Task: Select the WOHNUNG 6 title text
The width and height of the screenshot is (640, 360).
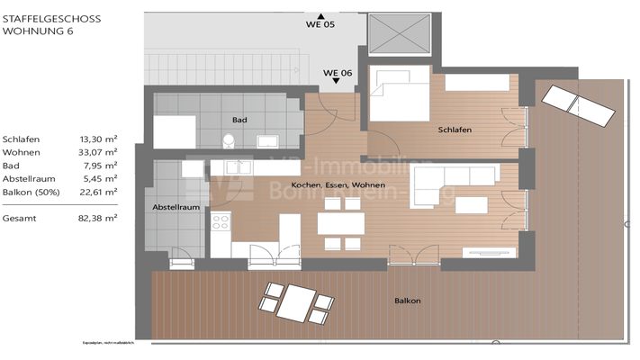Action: point(37,31)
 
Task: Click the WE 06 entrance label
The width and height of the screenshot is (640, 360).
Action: point(337,72)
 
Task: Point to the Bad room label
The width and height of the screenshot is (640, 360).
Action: point(239,120)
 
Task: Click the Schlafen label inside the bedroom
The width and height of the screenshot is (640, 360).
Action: point(455,130)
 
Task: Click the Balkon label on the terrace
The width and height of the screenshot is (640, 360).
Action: point(407,301)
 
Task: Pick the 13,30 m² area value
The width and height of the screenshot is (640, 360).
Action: point(98,139)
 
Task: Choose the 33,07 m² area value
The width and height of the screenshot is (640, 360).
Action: point(98,153)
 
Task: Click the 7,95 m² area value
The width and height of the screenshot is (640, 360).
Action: point(100,166)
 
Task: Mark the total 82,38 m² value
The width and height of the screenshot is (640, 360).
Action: point(98,218)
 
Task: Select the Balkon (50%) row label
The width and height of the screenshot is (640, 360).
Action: point(34,192)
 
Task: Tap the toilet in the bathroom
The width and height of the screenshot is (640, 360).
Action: point(229,140)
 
